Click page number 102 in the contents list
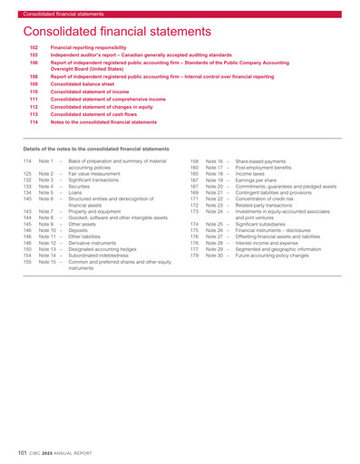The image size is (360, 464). (34, 45)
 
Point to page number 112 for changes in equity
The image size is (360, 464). (34, 108)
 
